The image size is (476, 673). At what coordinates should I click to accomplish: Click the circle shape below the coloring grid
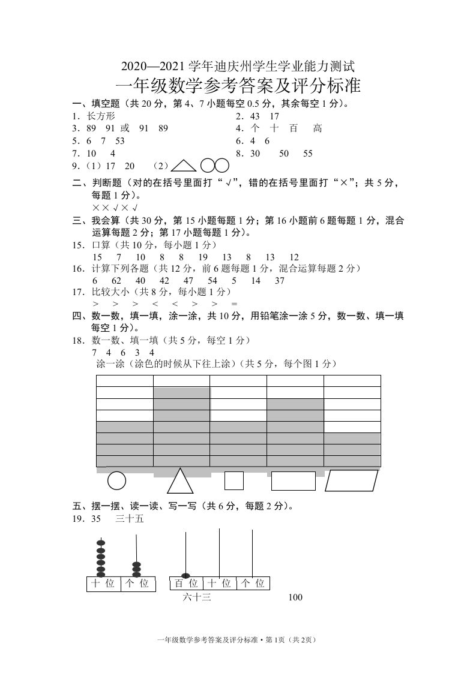116,481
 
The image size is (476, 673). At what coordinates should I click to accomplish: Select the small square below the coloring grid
233,481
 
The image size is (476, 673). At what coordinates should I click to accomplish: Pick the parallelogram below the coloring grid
352,481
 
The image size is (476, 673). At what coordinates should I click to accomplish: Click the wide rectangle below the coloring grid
294,481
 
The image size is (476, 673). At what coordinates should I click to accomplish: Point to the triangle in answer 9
184,166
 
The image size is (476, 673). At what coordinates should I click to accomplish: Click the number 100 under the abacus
295,597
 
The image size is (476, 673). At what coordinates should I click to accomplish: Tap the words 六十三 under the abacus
197,597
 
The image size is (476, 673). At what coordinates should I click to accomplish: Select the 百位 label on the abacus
186,583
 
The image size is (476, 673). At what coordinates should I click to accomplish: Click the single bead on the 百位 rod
185,576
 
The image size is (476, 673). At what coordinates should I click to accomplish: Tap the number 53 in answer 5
119,141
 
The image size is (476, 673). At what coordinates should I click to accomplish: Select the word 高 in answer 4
318,128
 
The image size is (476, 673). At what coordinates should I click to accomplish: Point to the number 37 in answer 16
279,281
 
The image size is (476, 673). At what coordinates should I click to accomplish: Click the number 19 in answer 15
202,257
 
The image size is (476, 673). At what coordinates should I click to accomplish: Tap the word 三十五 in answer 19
130,519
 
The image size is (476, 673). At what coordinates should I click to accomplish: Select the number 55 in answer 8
308,154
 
